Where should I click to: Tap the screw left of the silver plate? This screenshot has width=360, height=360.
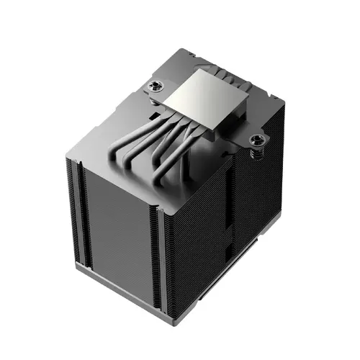coord(156,89)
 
